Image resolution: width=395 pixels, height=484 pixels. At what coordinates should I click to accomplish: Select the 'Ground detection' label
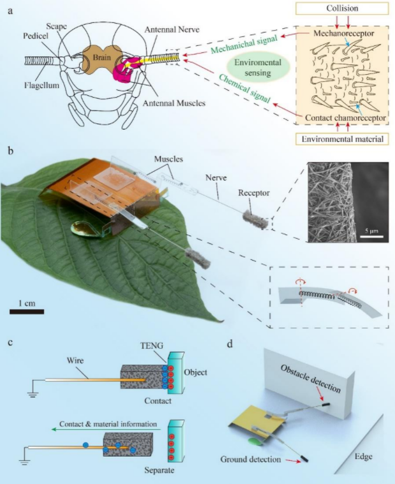[x=251, y=458]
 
